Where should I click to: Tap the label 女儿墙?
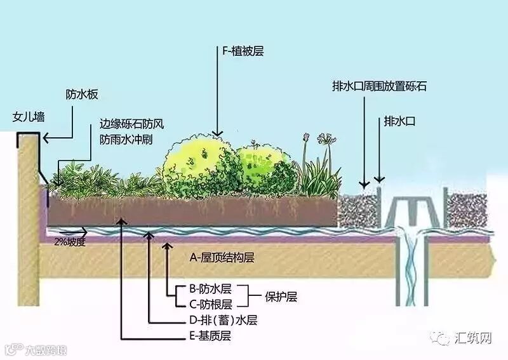pyautogui.click(x=29, y=117)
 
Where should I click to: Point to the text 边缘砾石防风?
pyautogui.click(x=126, y=124)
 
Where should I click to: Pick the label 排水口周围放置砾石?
pyautogui.click(x=379, y=86)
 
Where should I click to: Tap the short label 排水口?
pyautogui.click(x=399, y=120)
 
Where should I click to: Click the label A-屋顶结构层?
pyautogui.click(x=222, y=258)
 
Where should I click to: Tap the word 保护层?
pyautogui.click(x=283, y=297)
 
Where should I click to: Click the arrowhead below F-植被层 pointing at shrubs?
pyautogui.click(x=218, y=132)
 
